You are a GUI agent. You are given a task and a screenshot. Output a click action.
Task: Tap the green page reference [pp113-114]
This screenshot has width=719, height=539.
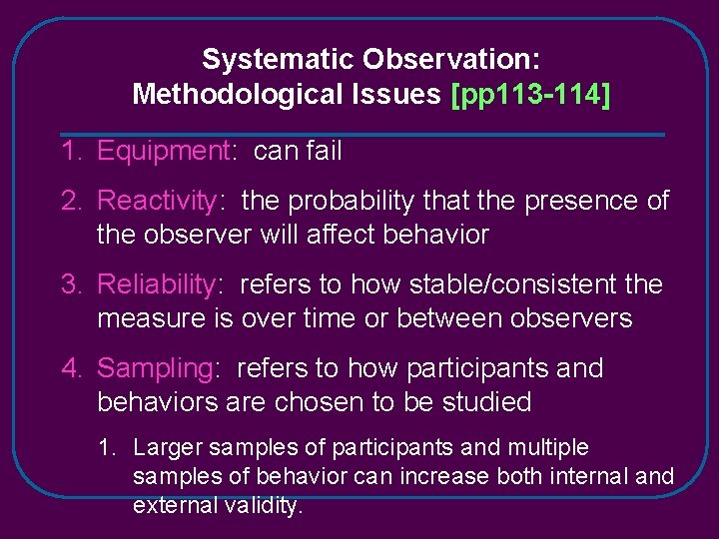[x=531, y=95]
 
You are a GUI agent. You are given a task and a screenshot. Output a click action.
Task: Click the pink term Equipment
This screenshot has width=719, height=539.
[x=164, y=152]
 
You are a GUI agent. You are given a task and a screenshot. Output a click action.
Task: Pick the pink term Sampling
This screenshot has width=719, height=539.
[x=155, y=368]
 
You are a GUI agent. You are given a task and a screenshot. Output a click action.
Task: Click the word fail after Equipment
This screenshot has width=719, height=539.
[x=323, y=152]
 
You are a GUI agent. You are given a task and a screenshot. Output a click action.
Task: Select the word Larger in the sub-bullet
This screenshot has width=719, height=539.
[x=167, y=448]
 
